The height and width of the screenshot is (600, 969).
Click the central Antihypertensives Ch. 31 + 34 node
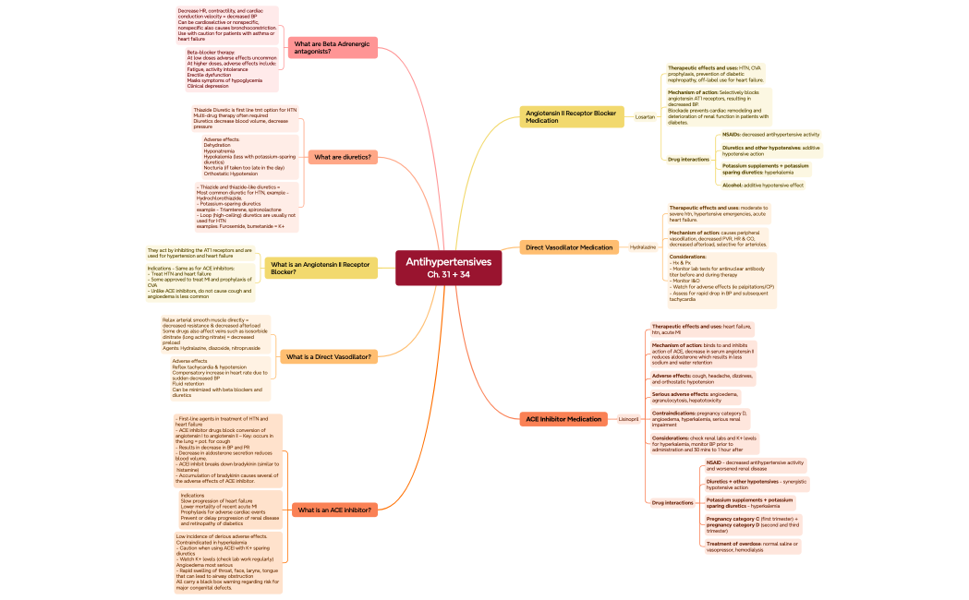[x=448, y=268]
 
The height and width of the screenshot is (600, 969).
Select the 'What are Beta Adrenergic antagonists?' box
[x=332, y=47]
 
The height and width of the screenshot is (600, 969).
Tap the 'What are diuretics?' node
[x=343, y=157]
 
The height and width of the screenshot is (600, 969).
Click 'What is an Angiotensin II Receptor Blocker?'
[x=321, y=268]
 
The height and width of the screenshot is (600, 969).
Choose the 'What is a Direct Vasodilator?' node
[x=329, y=356]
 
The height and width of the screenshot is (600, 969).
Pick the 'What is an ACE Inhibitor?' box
[x=334, y=510]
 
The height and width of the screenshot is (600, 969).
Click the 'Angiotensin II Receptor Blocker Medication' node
[x=570, y=116]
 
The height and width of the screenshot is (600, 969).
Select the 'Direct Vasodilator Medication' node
[x=568, y=247]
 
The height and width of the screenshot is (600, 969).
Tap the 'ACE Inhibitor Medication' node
[x=563, y=419]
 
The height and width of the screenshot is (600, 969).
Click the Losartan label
[x=645, y=117]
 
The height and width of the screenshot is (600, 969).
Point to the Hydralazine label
[x=643, y=247]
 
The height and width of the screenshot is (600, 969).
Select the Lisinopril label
[x=628, y=419]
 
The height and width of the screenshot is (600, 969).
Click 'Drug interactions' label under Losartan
[x=688, y=159]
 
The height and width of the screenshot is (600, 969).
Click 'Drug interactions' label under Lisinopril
[x=672, y=502]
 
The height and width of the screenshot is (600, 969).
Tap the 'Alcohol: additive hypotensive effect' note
[x=762, y=185]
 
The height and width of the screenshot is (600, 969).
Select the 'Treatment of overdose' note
[x=751, y=546]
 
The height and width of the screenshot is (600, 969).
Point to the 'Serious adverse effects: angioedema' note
[x=694, y=397]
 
